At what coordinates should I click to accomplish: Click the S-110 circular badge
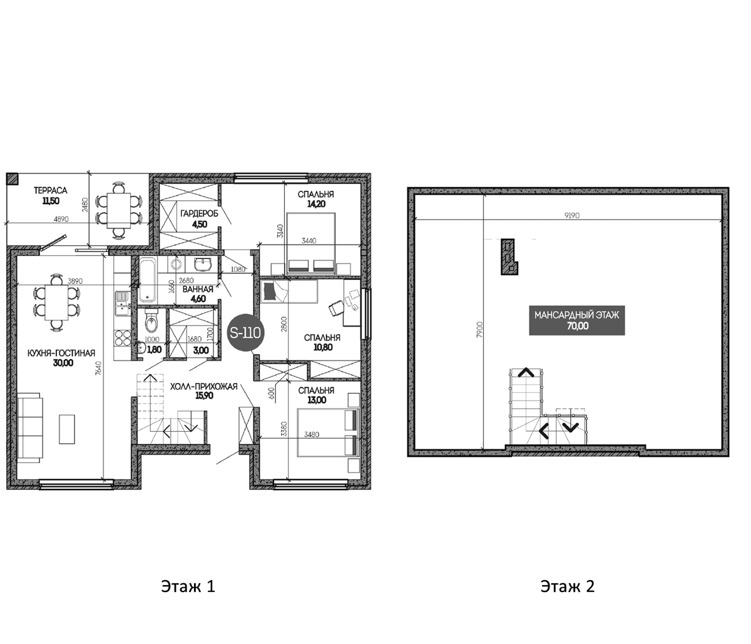[x=245, y=332]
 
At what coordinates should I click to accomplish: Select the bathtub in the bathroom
[x=148, y=280]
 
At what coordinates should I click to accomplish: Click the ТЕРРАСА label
[x=51, y=190]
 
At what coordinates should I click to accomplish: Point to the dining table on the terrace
[x=118, y=211]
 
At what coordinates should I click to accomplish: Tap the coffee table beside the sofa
[x=67, y=429]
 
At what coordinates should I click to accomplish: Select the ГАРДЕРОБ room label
[x=200, y=213]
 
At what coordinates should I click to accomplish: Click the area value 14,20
[x=316, y=204]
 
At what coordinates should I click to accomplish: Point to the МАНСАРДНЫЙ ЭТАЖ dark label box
[x=577, y=320]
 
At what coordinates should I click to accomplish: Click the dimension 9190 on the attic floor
[x=572, y=215]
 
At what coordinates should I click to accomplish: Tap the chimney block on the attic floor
[x=509, y=256]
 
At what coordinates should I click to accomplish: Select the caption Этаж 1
[x=188, y=586]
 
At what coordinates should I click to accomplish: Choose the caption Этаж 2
[x=568, y=586]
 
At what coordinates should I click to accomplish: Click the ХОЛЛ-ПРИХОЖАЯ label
[x=203, y=386]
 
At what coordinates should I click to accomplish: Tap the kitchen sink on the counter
[x=121, y=304]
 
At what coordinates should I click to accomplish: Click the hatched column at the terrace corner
[x=12, y=178]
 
